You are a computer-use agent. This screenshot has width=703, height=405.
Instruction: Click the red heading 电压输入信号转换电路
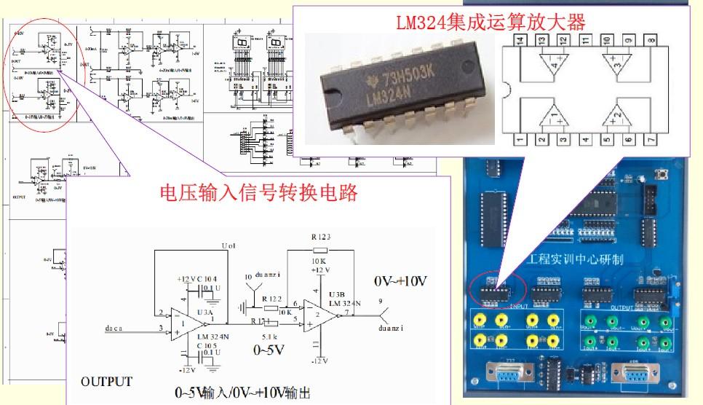pyautogui.click(x=259, y=193)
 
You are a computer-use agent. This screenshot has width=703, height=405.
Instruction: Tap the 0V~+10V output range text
pyautogui.click(x=401, y=281)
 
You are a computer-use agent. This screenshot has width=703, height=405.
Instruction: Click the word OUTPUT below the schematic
pyautogui.click(x=107, y=382)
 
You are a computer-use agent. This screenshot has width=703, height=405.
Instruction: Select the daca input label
pyautogui.click(x=114, y=329)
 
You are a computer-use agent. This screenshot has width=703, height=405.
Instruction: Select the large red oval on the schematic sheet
pyautogui.click(x=36, y=77)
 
